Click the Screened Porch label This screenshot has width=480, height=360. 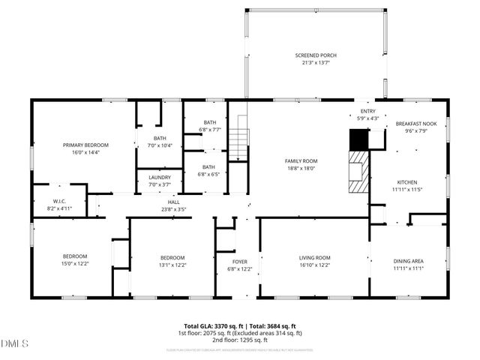coord(315,55)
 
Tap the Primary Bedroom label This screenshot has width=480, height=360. coord(85,145)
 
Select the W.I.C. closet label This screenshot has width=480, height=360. coord(60,200)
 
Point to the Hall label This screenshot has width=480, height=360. coord(173,202)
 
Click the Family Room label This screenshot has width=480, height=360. coord(301,160)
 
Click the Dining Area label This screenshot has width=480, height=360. coord(409,260)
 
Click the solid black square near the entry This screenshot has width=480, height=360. coord(358,139)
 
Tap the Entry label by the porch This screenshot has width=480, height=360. coord(368,111)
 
